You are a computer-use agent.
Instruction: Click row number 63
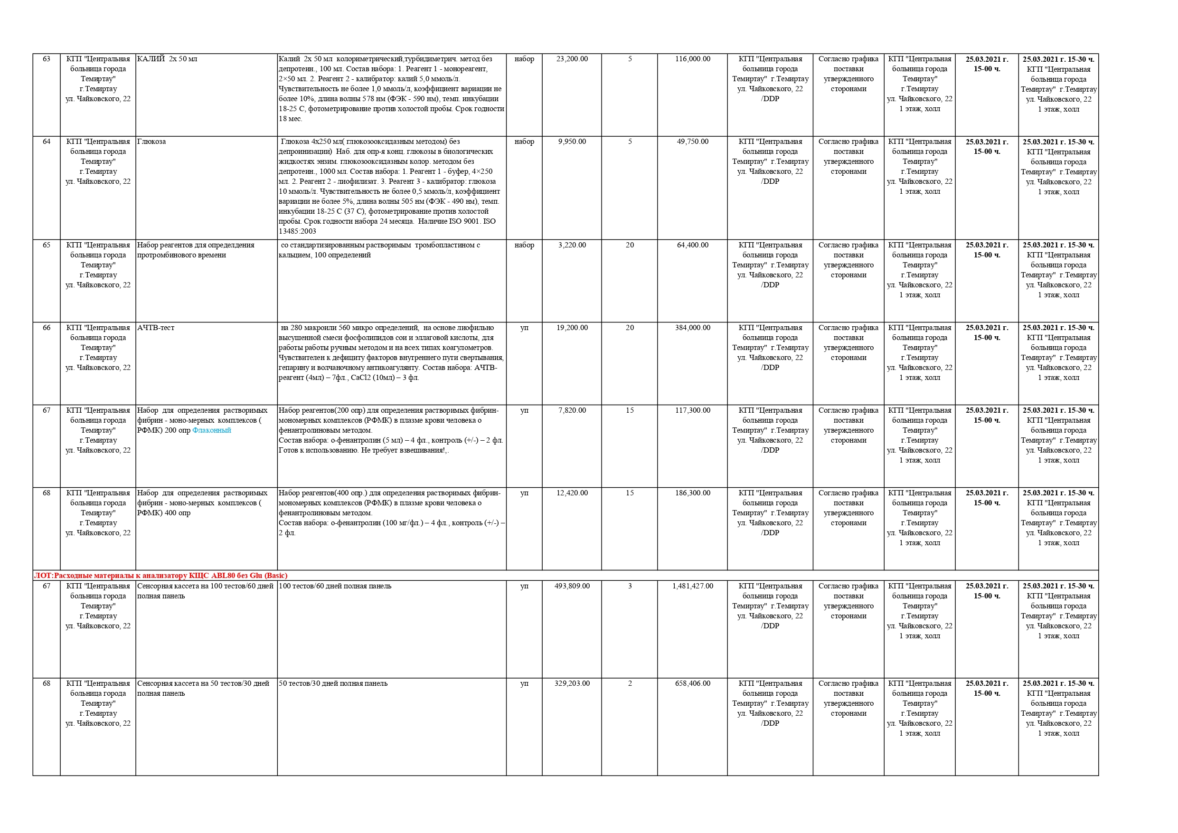click(x=46, y=59)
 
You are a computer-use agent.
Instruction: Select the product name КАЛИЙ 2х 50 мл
click(x=167, y=59)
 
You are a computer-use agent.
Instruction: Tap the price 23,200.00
click(x=572, y=59)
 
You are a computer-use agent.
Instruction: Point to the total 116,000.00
click(x=692, y=59)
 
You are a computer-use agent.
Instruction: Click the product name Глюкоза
click(x=151, y=142)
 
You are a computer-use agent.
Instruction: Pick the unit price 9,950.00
click(x=572, y=142)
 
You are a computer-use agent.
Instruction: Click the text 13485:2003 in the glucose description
click(x=297, y=231)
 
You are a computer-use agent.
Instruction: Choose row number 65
click(x=46, y=246)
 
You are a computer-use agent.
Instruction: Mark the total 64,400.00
click(x=692, y=246)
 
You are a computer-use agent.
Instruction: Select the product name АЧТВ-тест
click(x=155, y=328)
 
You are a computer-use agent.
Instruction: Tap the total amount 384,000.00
click(x=692, y=328)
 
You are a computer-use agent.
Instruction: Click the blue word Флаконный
click(x=211, y=431)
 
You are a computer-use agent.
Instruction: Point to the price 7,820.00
click(x=572, y=411)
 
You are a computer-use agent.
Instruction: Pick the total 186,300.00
click(x=692, y=493)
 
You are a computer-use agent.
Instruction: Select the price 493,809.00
click(x=572, y=586)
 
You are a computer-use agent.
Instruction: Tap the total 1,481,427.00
click(x=692, y=586)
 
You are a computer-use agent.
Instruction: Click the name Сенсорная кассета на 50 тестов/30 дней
click(x=203, y=684)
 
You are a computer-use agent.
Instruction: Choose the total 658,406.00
click(x=692, y=684)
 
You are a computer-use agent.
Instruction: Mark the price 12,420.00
click(x=572, y=493)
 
